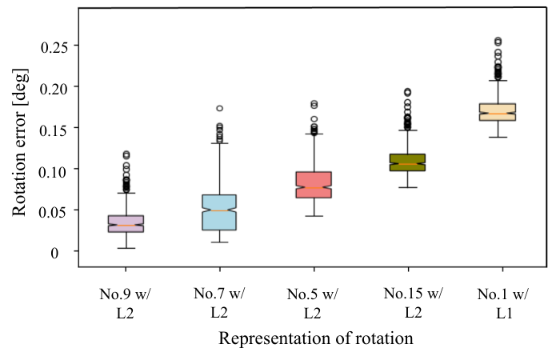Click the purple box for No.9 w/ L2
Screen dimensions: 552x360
click(x=126, y=224)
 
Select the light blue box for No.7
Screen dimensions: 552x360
click(x=219, y=213)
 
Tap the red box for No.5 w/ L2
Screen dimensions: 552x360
click(x=314, y=185)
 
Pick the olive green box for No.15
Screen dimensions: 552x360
click(x=407, y=162)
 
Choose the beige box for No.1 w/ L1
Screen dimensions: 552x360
click(x=498, y=112)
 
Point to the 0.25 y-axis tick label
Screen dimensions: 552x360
click(x=54, y=47)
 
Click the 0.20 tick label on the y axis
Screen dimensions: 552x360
click(x=54, y=89)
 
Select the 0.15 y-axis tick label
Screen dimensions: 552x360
click(x=54, y=130)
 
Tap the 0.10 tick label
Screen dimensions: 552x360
click(x=53, y=172)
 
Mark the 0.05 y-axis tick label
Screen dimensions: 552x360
click(x=53, y=213)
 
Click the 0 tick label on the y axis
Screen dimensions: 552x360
click(x=54, y=253)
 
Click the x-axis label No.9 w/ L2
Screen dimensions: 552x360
click(x=126, y=303)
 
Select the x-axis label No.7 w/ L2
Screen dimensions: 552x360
click(x=219, y=302)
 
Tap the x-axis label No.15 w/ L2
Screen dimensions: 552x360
click(x=414, y=302)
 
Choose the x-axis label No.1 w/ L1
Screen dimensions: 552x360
click(x=503, y=303)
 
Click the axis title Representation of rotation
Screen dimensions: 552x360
click(x=316, y=338)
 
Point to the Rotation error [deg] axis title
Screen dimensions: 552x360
click(x=20, y=142)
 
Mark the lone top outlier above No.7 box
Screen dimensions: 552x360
click(x=220, y=108)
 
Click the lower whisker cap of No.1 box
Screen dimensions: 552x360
click(x=498, y=138)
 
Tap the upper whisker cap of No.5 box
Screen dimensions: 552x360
click(x=314, y=134)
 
